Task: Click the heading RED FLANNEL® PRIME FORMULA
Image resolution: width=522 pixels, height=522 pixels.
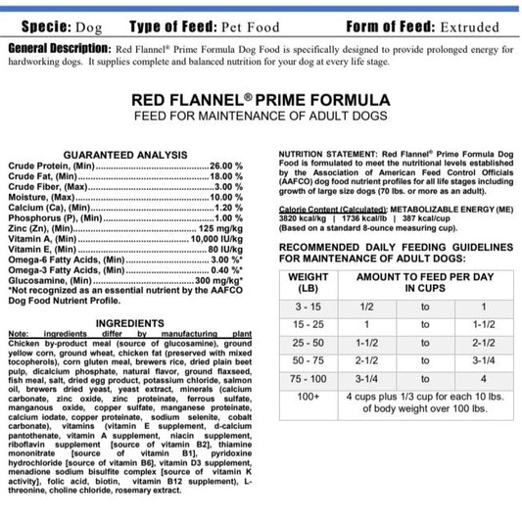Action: click(x=261, y=100)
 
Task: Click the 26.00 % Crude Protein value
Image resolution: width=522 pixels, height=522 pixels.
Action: click(x=226, y=166)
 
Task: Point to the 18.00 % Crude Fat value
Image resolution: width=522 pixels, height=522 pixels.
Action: click(x=226, y=176)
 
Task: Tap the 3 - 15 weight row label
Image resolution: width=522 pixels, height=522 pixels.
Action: click(x=308, y=307)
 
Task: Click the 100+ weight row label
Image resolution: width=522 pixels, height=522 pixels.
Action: click(x=308, y=397)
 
